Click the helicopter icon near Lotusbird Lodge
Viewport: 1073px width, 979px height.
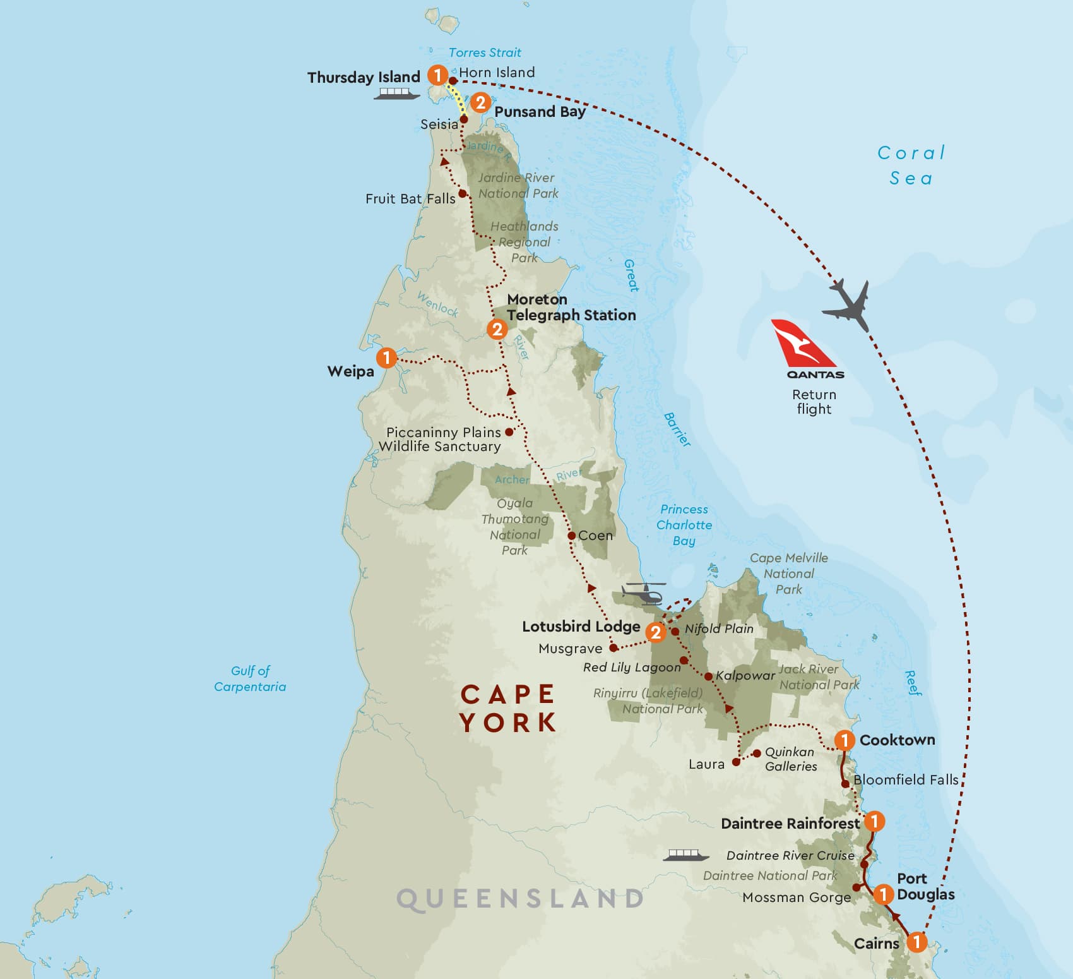pos(644,594)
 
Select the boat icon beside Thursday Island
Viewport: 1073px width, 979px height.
pos(396,94)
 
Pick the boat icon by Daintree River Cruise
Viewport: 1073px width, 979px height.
pos(682,855)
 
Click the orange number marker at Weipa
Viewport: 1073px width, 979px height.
pos(386,357)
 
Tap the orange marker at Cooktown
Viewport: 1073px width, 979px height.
pos(845,740)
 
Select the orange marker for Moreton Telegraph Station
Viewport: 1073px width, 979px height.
pos(497,329)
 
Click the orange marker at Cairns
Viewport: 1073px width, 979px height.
pos(916,942)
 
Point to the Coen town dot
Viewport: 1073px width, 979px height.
pos(571,536)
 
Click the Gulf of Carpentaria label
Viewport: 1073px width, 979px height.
pos(250,678)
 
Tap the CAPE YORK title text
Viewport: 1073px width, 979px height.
pos(508,708)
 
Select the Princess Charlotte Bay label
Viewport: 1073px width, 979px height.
pos(684,525)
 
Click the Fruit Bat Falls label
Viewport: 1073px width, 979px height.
pos(410,199)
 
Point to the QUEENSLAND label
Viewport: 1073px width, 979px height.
pos(521,899)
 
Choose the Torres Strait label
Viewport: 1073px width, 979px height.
pos(485,52)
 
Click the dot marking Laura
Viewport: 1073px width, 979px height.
pos(736,762)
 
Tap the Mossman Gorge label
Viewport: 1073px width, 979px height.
pos(797,898)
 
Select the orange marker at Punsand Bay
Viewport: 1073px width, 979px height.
pos(480,102)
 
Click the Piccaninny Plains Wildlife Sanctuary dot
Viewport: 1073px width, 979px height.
pos(509,432)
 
